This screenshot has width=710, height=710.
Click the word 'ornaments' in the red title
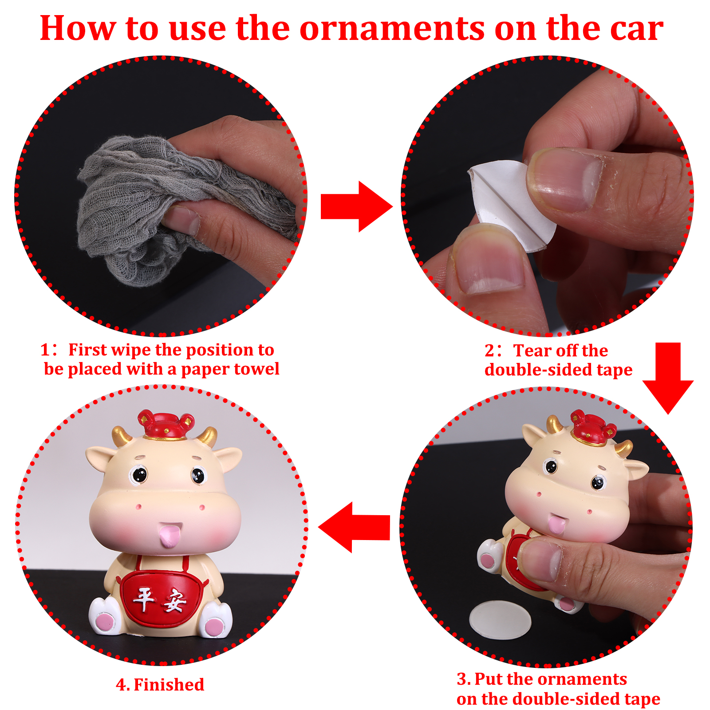392,29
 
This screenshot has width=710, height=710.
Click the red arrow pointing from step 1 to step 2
356,206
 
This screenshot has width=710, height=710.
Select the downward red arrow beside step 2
668,378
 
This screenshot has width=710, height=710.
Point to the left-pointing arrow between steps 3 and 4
354,527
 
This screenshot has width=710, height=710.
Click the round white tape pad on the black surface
500,620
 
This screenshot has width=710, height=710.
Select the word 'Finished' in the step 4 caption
169,685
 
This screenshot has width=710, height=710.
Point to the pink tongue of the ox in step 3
556,524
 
